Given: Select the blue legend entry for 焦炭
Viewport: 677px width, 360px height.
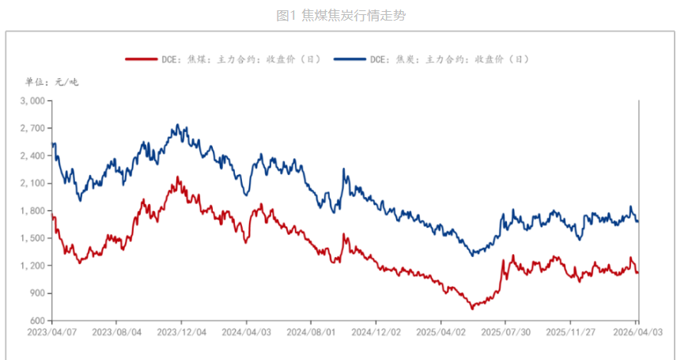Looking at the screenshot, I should coord(431,59).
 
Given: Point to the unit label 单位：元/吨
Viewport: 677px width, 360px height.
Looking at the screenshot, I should coord(52,81).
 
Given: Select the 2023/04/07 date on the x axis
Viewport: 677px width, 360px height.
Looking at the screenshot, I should coord(52,333).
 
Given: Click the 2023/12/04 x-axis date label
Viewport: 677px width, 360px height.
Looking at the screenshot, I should coord(181,333).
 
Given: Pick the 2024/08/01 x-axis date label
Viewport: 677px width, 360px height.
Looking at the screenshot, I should coord(311,333).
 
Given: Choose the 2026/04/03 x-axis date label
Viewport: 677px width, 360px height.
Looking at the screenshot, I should coord(637,333).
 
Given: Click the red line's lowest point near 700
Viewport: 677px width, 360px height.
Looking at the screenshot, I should coord(472,309).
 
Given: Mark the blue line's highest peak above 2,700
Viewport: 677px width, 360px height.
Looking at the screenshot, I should coord(177,125).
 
